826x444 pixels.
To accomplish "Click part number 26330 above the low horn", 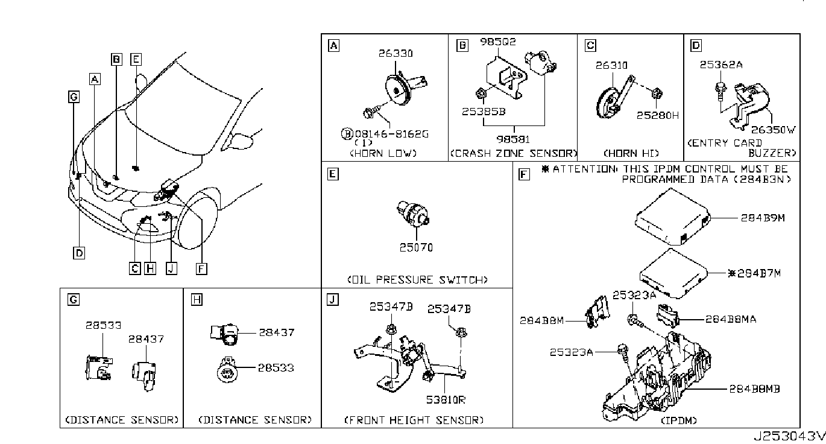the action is click(396, 54).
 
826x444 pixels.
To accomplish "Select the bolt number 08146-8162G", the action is click(391, 134).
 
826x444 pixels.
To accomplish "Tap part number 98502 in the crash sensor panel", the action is click(498, 42).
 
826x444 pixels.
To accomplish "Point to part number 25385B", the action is click(484, 111).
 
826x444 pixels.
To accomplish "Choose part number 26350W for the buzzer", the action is click(774, 130).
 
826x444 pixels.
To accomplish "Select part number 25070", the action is click(416, 247).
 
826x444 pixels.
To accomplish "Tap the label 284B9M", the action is click(763, 218).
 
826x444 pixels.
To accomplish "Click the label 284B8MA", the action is click(731, 319).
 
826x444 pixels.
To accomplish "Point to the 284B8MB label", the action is click(754, 388).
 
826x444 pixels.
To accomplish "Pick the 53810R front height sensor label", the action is click(446, 399).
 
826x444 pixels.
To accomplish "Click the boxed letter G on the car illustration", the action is click(74, 97).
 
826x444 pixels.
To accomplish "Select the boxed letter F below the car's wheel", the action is click(201, 268).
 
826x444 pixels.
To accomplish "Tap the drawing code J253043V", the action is click(789, 436).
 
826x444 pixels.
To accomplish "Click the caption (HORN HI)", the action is click(631, 153).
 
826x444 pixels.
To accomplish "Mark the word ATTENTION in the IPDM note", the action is click(584, 169).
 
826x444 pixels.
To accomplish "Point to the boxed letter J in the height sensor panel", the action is click(333, 299).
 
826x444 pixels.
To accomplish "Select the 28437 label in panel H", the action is click(277, 332).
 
